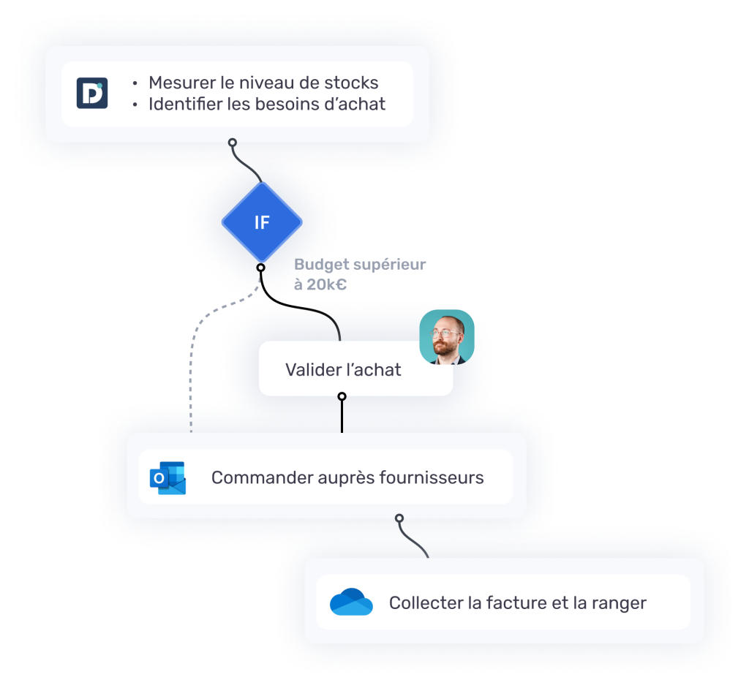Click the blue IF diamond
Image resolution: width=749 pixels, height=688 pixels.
262,222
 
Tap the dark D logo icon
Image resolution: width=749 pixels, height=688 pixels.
92,94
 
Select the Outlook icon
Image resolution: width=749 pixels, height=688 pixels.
168,478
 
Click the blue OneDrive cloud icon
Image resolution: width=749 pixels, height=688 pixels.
351,602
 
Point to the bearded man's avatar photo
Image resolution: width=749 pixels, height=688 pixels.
446,337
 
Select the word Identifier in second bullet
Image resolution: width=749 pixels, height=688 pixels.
185,105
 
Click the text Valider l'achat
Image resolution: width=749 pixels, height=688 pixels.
343,370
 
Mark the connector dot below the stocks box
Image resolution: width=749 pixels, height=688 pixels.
233,143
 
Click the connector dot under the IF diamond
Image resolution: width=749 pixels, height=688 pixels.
261,268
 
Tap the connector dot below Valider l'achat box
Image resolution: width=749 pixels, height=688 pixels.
342,397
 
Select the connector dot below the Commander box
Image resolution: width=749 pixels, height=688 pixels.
399,518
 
